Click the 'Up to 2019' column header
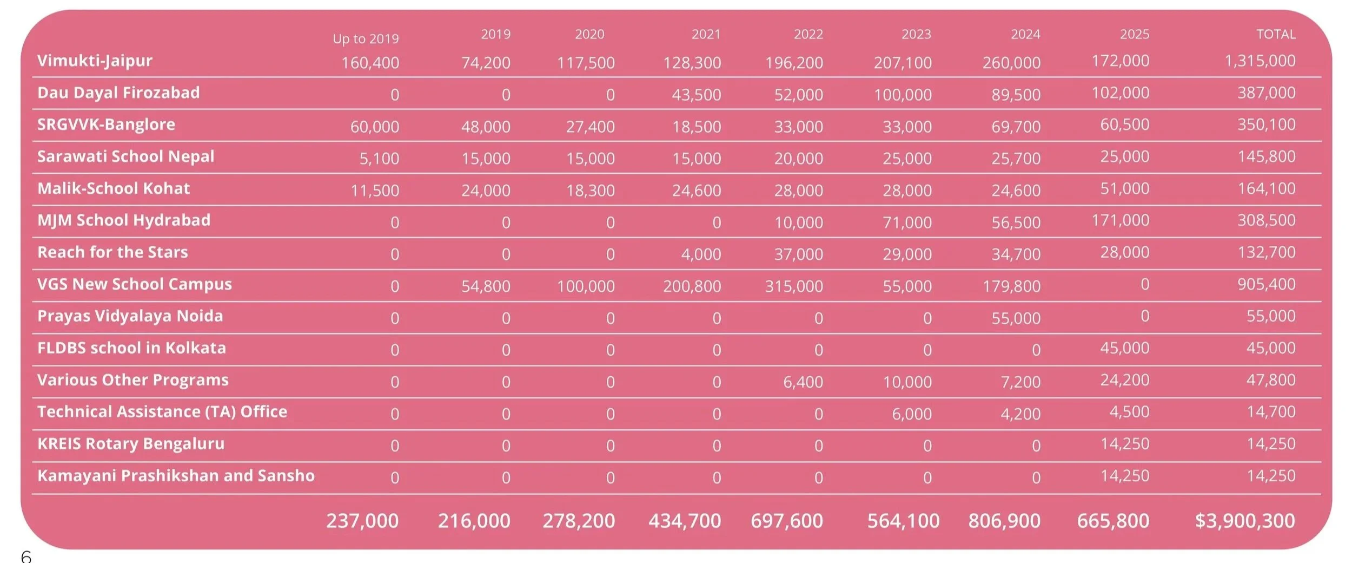click(366, 39)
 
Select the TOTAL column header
click(1276, 35)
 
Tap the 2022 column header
click(808, 35)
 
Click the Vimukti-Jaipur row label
click(95, 61)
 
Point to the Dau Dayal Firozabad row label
click(118, 93)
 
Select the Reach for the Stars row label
click(112, 252)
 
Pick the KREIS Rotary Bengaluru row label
click(131, 444)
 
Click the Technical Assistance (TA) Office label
click(162, 412)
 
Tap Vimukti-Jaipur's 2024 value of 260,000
click(1011, 63)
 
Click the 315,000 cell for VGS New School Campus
click(794, 286)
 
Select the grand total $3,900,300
click(1245, 521)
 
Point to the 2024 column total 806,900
click(1004, 521)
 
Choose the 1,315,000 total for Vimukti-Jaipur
click(1260, 61)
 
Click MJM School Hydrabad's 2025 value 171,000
click(1121, 220)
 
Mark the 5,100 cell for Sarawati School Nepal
click(379, 159)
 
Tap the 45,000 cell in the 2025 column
click(1125, 348)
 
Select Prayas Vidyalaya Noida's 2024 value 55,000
click(1016, 318)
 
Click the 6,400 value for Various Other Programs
click(803, 382)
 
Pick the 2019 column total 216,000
click(474, 521)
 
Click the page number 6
click(26, 557)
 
